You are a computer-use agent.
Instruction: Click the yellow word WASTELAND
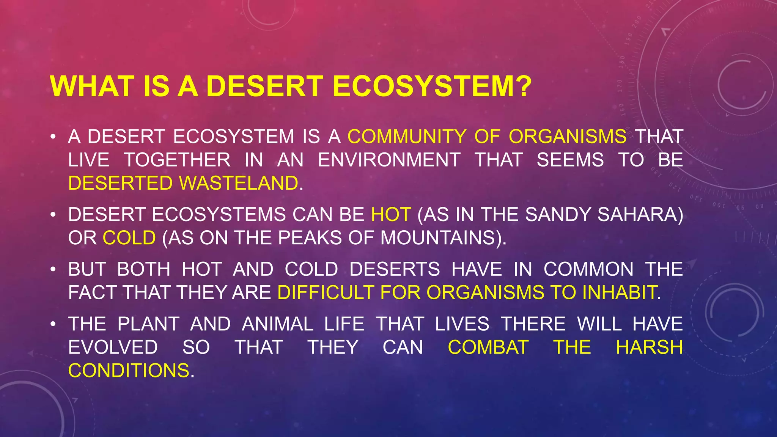pos(239,183)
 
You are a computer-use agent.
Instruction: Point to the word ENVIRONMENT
pos(389,160)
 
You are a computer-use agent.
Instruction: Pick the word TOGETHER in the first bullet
pos(177,160)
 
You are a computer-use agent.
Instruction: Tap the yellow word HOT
pos(391,215)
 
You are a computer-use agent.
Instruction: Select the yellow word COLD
pos(129,238)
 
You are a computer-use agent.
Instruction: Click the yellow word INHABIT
pos(619,293)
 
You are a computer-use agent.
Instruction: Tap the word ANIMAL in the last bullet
pos(277,324)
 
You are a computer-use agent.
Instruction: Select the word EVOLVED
pos(113,347)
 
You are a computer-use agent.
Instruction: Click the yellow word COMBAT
pos(488,347)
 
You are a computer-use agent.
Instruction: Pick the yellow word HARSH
pos(649,347)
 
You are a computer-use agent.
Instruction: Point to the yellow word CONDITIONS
pos(129,371)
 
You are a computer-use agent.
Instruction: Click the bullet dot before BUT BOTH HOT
pos(53,270)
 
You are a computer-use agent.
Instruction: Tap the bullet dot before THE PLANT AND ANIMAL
pos(53,324)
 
